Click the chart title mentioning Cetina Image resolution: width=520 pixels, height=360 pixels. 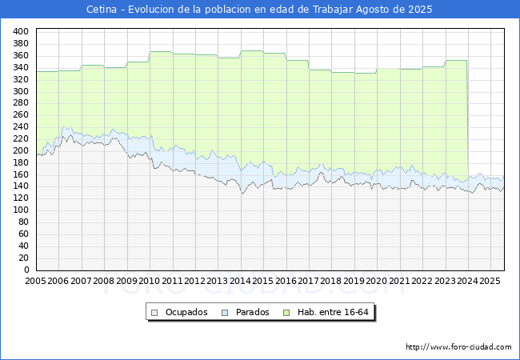pos(259,10)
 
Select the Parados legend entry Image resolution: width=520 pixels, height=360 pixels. pos(251,312)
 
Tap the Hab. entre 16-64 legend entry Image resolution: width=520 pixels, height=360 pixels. pos(335,312)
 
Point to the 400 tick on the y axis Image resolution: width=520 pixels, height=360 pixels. pos(22,31)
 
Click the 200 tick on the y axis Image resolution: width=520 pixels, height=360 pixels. pos(22,150)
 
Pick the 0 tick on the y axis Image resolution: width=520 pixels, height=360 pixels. pos(26,270)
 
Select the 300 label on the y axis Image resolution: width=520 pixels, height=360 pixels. pos(22,91)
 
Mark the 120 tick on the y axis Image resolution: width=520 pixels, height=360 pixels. pos(22,198)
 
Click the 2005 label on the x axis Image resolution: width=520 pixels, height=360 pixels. pos(36,282)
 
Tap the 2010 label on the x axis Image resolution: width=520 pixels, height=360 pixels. pos(150,282)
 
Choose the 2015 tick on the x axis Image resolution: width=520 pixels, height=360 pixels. pos(263,282)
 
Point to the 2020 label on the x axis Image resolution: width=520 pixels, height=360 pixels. pos(377,282)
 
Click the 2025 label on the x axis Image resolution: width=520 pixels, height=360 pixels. pos(490,282)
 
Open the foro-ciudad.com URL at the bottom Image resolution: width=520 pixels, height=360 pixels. pos(458,347)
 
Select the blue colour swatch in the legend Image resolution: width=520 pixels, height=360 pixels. pos(225,312)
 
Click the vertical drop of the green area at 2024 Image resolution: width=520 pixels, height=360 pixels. pos(468,120)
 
